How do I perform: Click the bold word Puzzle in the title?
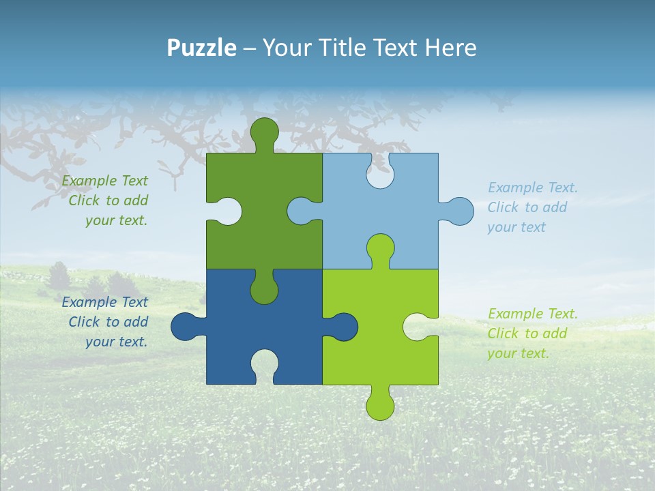[x=201, y=48]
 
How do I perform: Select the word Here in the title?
[x=450, y=48]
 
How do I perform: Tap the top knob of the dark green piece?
[x=264, y=132]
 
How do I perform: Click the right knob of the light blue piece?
[x=459, y=211]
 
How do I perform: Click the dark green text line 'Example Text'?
[x=105, y=181]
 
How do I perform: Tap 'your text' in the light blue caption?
[x=516, y=227]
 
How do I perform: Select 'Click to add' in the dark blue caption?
[x=108, y=322]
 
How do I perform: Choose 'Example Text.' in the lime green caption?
[x=533, y=314]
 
